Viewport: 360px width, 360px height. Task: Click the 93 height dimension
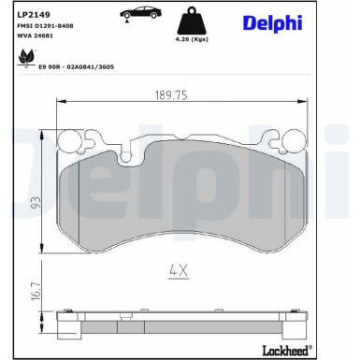pyautogui.click(x=36, y=200)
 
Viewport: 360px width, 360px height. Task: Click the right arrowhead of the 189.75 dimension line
pyautogui.click(x=300, y=103)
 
